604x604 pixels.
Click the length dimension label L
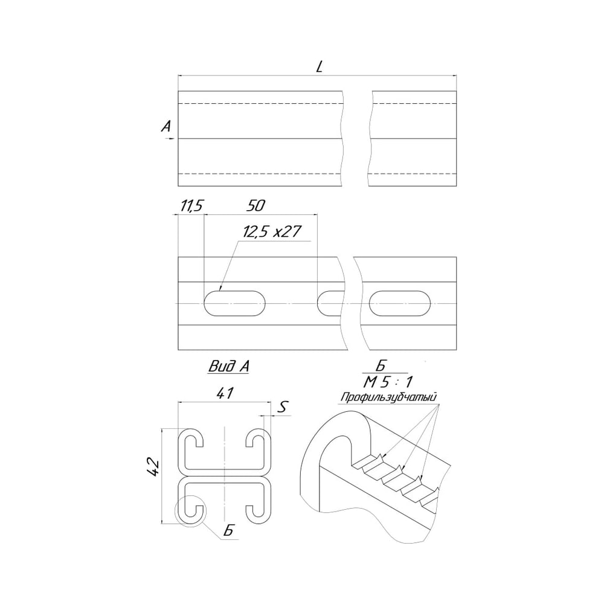pos(320,68)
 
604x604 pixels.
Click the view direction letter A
pos(167,126)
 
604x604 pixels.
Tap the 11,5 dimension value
pos(191,206)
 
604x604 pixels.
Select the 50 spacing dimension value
pos(255,206)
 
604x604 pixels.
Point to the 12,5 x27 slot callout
pos(272,231)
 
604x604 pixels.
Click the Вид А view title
pos(229,366)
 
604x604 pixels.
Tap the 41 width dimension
pos(225,393)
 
